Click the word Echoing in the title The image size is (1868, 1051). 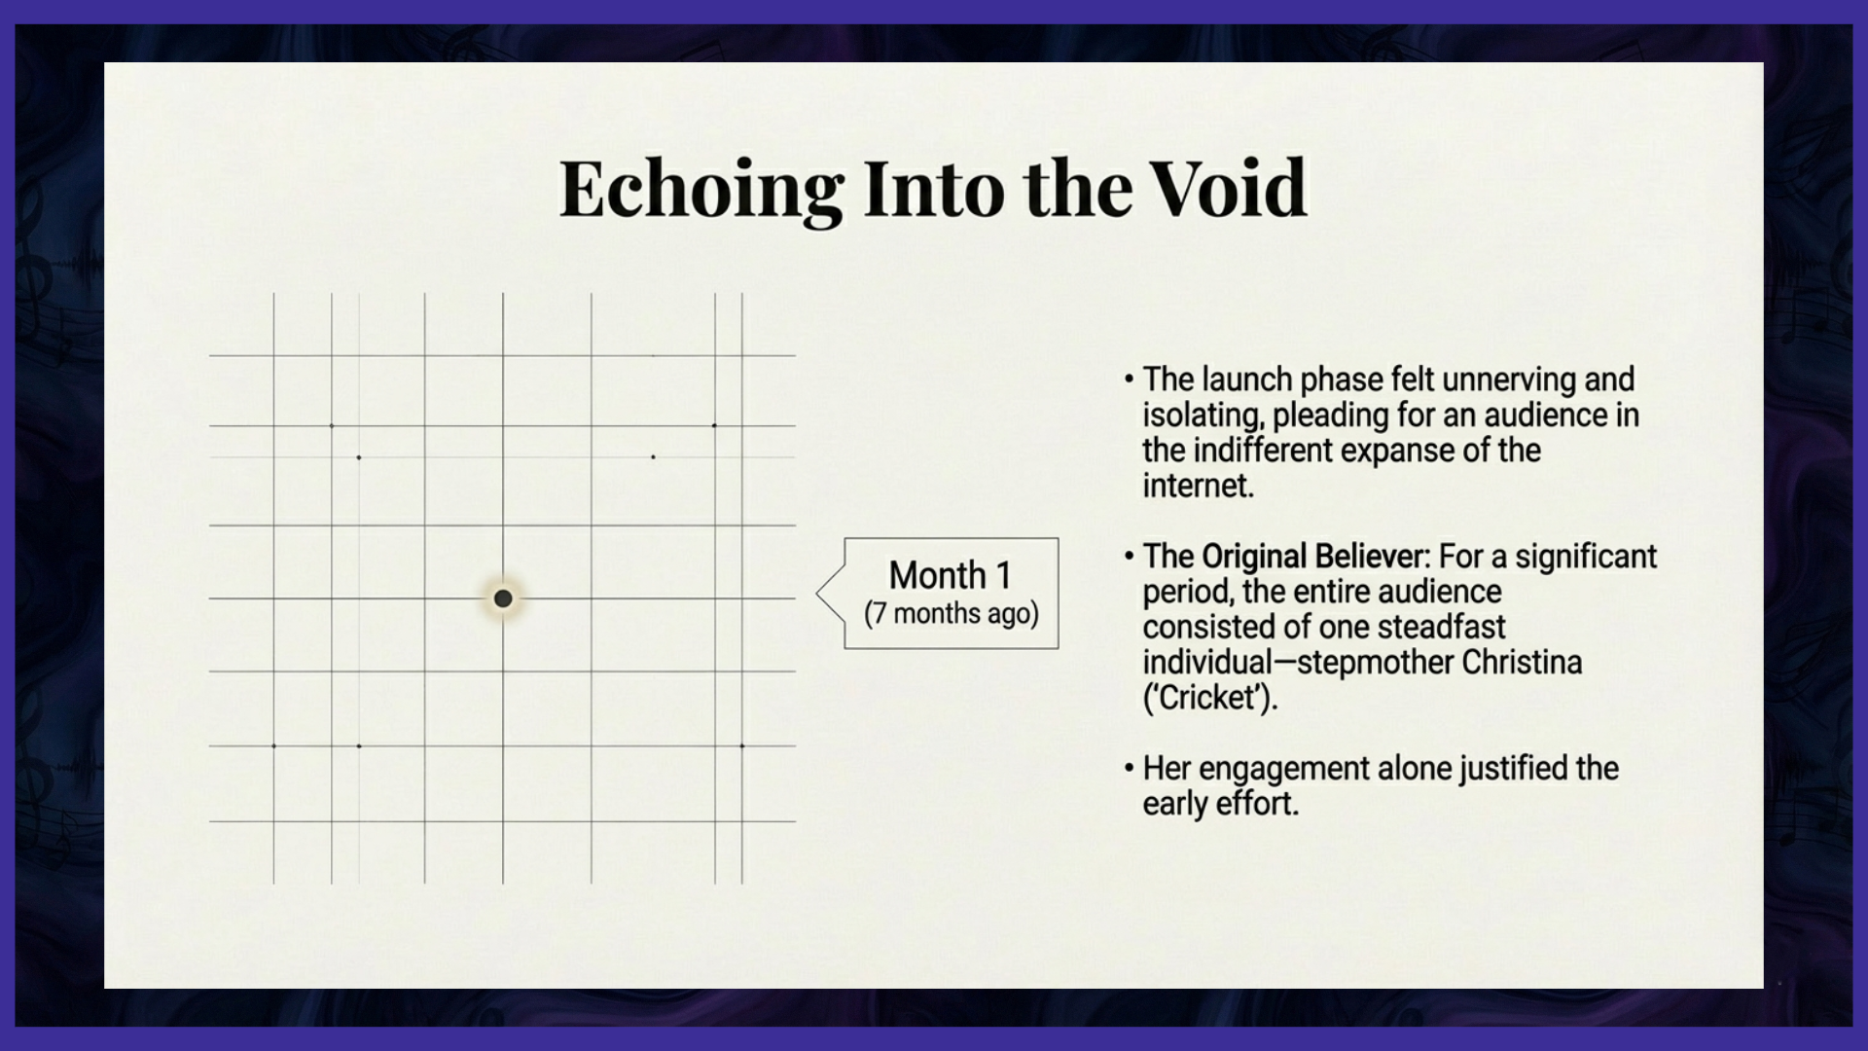pos(701,190)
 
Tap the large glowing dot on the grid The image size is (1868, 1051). pos(503,598)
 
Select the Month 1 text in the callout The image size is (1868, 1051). pos(951,575)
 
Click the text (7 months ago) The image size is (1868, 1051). pos(952,614)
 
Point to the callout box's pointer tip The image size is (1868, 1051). pos(817,592)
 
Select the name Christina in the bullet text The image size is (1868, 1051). pos(1522,663)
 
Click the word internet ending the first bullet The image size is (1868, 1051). pos(1196,486)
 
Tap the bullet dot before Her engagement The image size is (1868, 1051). pos(1129,768)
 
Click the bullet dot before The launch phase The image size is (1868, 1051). pos(1129,379)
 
